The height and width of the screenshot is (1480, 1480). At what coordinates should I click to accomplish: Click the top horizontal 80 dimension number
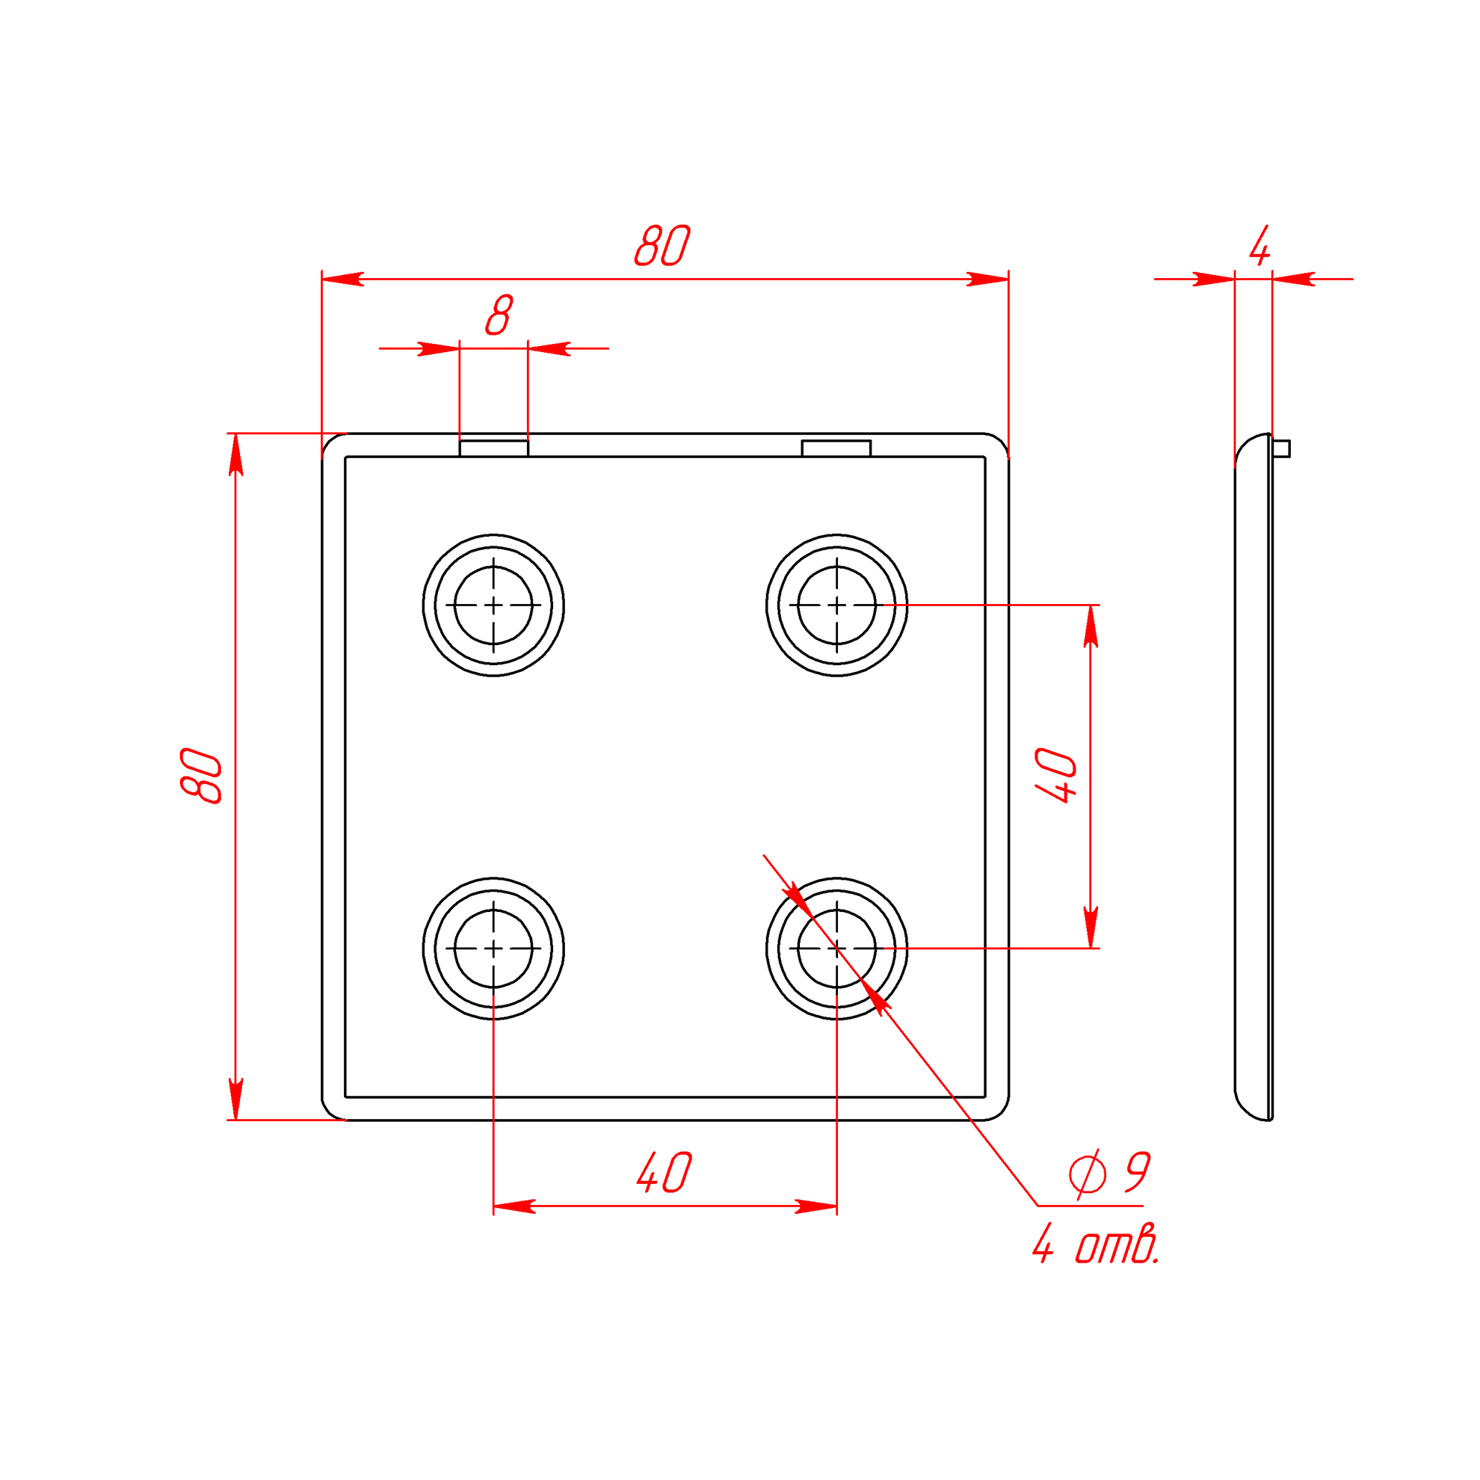(x=662, y=245)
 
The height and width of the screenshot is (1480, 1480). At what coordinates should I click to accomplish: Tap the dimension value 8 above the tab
(x=499, y=315)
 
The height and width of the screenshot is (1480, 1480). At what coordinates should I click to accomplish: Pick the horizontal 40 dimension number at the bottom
(x=665, y=1172)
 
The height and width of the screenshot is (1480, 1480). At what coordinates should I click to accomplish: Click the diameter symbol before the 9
(x=1088, y=1173)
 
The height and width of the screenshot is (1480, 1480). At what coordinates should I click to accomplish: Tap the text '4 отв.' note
(x=1097, y=1242)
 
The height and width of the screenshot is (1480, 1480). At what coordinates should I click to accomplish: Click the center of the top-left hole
(x=493, y=605)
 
